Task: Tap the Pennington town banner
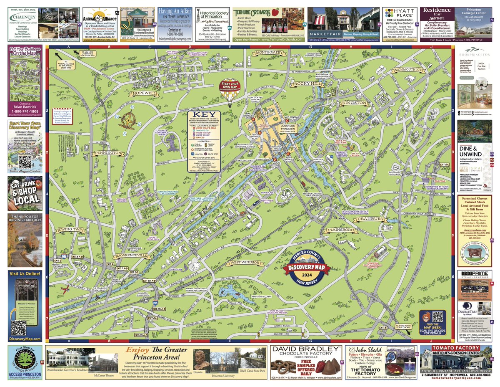coord(109,153)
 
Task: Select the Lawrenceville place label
coord(132,255)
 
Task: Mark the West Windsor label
coord(245,263)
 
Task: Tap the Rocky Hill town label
coord(307,84)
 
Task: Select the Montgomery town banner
coord(268,53)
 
